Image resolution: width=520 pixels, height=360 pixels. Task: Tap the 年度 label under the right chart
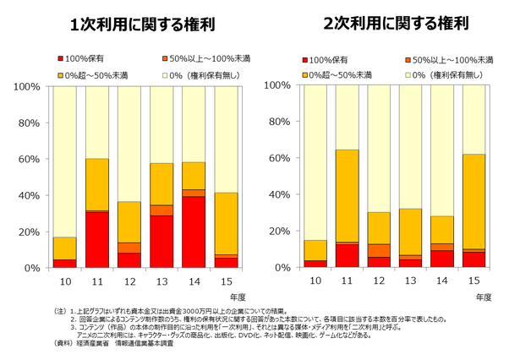click(x=483, y=297)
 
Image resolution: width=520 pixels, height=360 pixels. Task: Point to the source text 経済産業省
click(x=100, y=345)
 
